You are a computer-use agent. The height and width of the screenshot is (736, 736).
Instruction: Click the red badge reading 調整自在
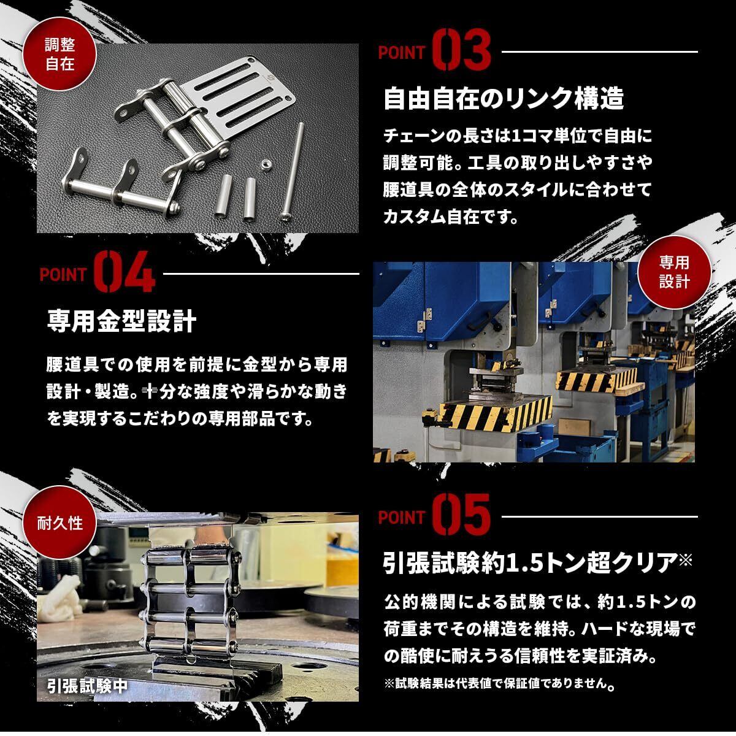click(59, 54)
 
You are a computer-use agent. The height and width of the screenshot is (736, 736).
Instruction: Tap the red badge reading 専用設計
click(674, 272)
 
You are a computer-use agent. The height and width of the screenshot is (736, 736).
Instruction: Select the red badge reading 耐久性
click(59, 523)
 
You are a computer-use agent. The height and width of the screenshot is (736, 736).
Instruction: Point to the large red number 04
click(125, 272)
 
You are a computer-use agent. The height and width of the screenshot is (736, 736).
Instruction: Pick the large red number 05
click(462, 515)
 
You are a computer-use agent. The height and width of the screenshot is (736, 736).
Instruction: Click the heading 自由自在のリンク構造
click(504, 99)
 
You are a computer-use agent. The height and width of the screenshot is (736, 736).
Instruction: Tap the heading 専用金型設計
click(121, 321)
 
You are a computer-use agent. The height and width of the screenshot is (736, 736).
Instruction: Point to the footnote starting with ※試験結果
click(499, 683)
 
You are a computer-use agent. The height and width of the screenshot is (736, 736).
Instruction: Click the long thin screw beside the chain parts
click(293, 172)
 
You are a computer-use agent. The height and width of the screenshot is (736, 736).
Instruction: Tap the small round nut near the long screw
click(266, 164)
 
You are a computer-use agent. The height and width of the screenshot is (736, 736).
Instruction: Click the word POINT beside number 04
click(63, 275)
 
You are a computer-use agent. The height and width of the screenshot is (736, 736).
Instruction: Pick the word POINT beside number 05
click(402, 517)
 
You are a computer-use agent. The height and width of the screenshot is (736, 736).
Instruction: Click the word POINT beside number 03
click(402, 53)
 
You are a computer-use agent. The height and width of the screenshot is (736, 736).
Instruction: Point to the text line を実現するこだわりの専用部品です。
click(180, 419)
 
